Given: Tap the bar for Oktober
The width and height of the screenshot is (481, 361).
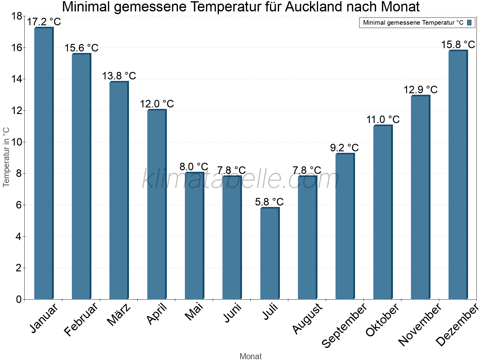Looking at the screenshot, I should pyautogui.click(x=383, y=212).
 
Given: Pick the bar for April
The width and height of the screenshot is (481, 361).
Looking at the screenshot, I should pyautogui.click(x=157, y=204).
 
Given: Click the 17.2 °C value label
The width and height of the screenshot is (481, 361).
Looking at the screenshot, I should pyautogui.click(x=44, y=22).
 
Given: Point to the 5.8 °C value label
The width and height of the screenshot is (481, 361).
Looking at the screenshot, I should pyautogui.click(x=269, y=202).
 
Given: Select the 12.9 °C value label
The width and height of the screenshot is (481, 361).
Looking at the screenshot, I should pyautogui.click(x=420, y=90).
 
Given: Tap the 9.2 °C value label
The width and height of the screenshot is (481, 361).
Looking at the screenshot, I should pyautogui.click(x=345, y=148).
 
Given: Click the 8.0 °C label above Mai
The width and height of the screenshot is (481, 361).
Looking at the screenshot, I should pyautogui.click(x=194, y=167).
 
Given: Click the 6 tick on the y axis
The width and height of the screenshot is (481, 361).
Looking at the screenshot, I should pyautogui.click(x=18, y=205).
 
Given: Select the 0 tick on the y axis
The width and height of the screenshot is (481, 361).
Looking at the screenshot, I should pyautogui.click(x=18, y=299).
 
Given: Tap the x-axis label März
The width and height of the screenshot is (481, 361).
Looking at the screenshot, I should pyautogui.click(x=119, y=315).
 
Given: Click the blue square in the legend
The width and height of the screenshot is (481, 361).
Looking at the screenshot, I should pyautogui.click(x=469, y=23).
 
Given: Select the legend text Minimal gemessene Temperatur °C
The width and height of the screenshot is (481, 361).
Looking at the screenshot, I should pyautogui.click(x=413, y=23).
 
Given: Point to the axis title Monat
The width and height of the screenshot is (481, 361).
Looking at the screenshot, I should pyautogui.click(x=250, y=356).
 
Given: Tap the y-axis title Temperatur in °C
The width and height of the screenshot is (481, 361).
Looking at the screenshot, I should pyautogui.click(x=6, y=157).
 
